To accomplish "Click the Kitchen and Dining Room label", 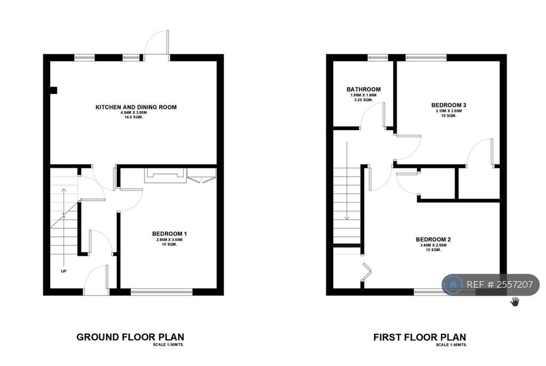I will click(x=136, y=107).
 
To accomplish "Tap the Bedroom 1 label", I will click(x=169, y=234).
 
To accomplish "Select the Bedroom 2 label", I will click(x=433, y=240).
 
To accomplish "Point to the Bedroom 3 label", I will click(x=448, y=105).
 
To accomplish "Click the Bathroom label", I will click(x=363, y=90).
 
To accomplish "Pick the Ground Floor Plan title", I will click(x=130, y=337).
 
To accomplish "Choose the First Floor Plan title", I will click(x=419, y=337).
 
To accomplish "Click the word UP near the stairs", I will click(x=64, y=270).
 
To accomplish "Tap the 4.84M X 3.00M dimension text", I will click(x=136, y=113).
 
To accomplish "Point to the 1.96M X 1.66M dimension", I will click(x=363, y=95).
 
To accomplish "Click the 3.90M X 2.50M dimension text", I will click(x=433, y=245).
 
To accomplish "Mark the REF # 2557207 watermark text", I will click(x=500, y=285).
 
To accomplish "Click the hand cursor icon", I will click(x=515, y=302).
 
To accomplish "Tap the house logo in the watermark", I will click(x=453, y=284).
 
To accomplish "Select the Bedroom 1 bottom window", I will click(x=161, y=292).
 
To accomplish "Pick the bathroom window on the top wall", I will click(x=377, y=57).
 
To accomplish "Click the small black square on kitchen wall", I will click(x=53, y=90).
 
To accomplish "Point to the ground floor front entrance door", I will click(x=96, y=282).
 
